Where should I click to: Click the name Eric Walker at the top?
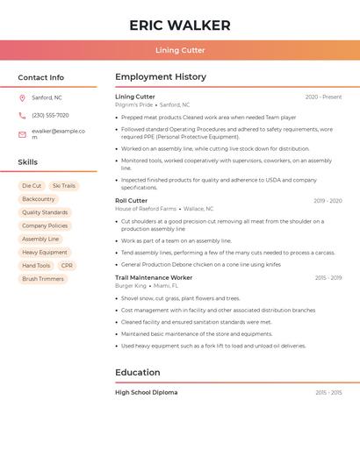click(x=179, y=25)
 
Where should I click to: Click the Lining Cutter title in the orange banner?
click(x=180, y=51)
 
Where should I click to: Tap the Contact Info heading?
click(x=40, y=77)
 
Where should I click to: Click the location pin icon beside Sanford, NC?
click(x=22, y=97)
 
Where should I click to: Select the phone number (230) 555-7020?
click(x=50, y=115)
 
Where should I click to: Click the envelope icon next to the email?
click(x=22, y=134)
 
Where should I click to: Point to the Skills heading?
click(x=27, y=162)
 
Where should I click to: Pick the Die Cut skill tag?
click(x=32, y=186)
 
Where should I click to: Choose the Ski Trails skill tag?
click(x=63, y=186)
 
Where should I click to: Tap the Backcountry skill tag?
click(x=39, y=199)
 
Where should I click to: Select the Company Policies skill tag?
click(x=45, y=225)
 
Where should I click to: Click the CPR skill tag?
click(x=67, y=265)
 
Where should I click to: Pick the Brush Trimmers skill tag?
click(x=43, y=279)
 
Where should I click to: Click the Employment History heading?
click(x=161, y=77)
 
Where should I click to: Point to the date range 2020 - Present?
click(x=323, y=97)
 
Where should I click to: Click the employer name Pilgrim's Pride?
click(x=133, y=104)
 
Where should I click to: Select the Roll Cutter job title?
click(x=131, y=200)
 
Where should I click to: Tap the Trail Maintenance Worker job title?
click(x=154, y=277)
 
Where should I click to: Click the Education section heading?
click(x=137, y=372)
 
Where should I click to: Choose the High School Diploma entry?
click(x=146, y=392)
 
